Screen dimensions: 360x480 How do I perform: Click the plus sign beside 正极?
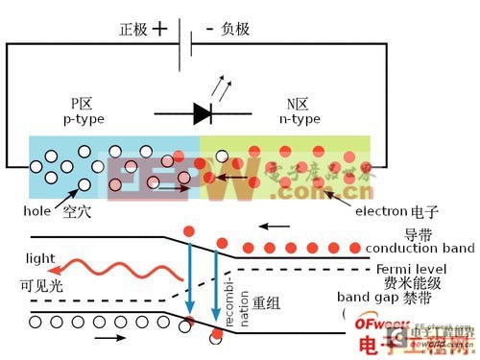click(x=159, y=29)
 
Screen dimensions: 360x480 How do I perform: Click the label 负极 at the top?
click(x=234, y=29)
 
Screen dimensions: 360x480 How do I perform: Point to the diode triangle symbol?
click(x=203, y=114)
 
